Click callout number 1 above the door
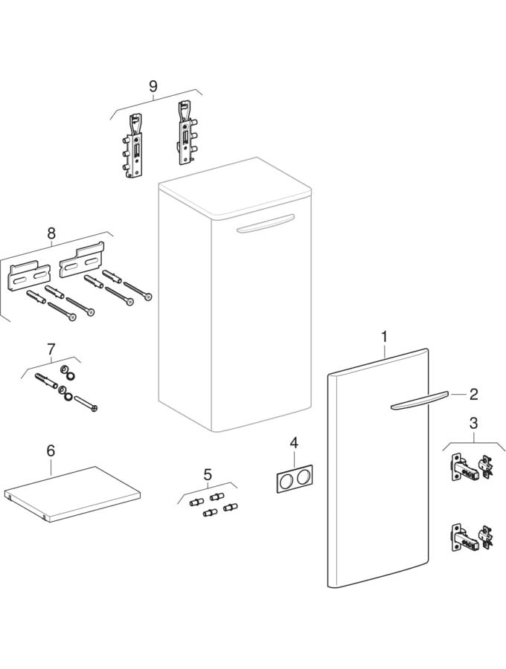[x=384, y=337]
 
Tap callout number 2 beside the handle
[x=473, y=394]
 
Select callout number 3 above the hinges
[x=473, y=424]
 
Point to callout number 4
[x=294, y=443]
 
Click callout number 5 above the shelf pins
[x=208, y=474]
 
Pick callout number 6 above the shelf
[x=51, y=450]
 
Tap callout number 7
[x=51, y=349]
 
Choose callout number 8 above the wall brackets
[x=51, y=233]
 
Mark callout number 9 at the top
[x=153, y=86]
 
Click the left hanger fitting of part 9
[x=134, y=144]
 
